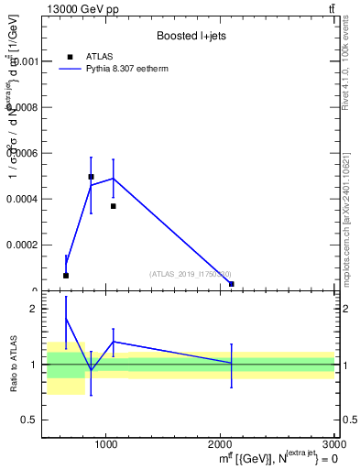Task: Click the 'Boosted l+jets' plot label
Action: click(191, 36)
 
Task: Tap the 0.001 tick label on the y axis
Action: click(23, 61)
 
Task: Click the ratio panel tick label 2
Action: click(31, 310)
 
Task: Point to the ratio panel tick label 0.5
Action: click(27, 420)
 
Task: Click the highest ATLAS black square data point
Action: click(91, 177)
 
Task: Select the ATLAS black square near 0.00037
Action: click(113, 206)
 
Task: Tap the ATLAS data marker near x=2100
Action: click(232, 284)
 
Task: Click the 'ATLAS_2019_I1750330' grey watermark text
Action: click(190, 274)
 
